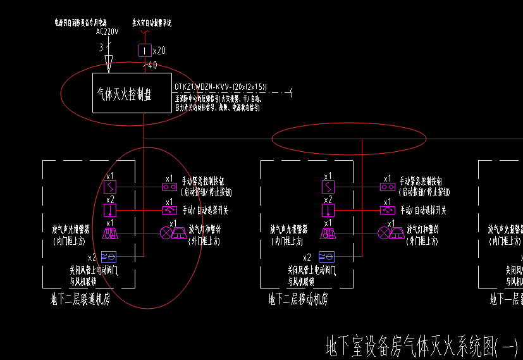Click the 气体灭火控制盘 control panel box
[x=132, y=94]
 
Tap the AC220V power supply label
[x=107, y=32]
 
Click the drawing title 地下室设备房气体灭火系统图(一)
[x=421, y=347]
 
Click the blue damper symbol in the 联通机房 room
[x=109, y=256]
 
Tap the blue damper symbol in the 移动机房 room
[x=327, y=256]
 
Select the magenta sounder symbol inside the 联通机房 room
[x=110, y=233]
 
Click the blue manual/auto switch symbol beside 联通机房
[x=169, y=210]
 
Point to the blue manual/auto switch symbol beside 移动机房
[x=387, y=210]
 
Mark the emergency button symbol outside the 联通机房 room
[x=169, y=187]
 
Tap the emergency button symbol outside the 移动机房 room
[x=387, y=187]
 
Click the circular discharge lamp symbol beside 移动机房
[x=384, y=233]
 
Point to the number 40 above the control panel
[x=152, y=65]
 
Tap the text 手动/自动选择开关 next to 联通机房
[x=206, y=210]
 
